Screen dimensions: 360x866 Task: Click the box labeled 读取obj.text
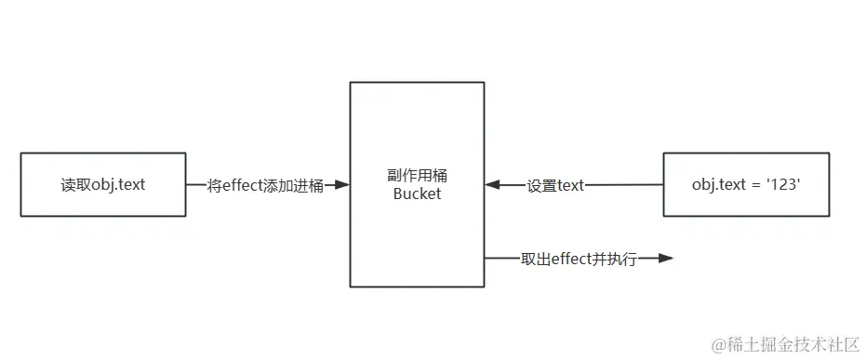click(x=102, y=185)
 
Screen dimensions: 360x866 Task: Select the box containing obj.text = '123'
click(x=746, y=185)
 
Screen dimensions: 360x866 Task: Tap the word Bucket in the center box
click(x=417, y=194)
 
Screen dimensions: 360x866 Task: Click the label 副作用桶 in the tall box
click(x=417, y=177)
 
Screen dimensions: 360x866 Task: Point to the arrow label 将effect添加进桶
click(x=267, y=185)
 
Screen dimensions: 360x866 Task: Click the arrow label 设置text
click(x=555, y=185)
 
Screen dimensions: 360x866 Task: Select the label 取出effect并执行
click(x=579, y=260)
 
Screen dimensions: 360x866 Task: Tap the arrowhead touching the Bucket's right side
click(x=493, y=185)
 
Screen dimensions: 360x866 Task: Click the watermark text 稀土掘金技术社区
click(x=793, y=343)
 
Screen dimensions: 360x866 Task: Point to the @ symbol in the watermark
click(x=718, y=344)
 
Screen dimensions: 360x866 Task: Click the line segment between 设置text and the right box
click(x=623, y=185)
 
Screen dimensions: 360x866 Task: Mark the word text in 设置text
click(x=570, y=185)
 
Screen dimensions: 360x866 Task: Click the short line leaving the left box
click(x=196, y=185)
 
